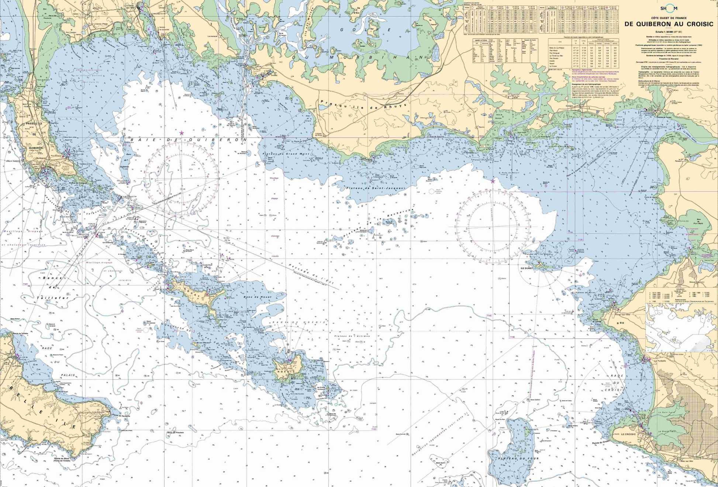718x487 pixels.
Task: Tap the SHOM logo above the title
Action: [669, 8]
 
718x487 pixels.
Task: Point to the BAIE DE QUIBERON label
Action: [188, 140]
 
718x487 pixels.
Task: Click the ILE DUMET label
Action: [527, 268]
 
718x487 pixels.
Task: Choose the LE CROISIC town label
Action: [628, 434]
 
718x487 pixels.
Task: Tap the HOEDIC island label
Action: [282, 371]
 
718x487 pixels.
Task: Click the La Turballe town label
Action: [660, 361]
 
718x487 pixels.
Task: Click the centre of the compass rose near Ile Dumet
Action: [492, 226]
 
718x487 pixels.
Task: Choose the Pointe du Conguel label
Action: [77, 183]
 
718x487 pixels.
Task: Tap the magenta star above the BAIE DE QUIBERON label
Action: [181, 133]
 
